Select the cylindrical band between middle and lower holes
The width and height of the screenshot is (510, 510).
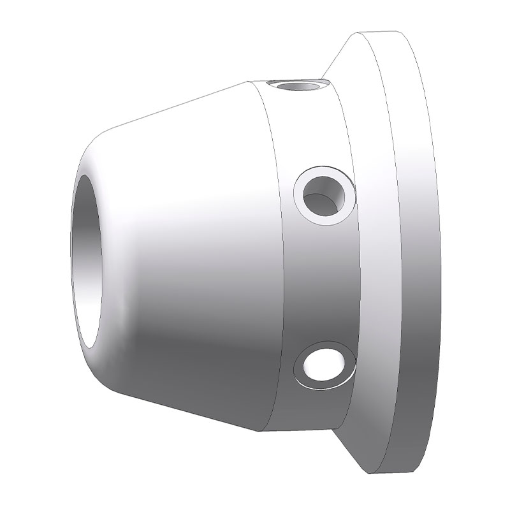(x=319, y=280)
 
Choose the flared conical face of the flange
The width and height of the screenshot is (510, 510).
(x=376, y=255)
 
